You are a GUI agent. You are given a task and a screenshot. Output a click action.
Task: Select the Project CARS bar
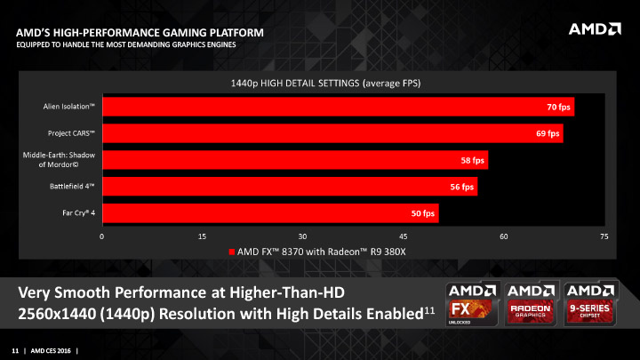tap(332, 133)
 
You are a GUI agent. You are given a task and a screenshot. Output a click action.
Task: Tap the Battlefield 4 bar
tap(290, 187)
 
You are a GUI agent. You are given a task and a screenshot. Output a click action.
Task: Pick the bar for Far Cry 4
tap(270, 213)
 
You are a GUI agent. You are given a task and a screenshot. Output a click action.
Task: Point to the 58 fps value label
tap(472, 160)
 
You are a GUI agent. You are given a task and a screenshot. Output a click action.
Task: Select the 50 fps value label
tap(423, 213)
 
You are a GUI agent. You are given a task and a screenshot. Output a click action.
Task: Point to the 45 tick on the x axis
tap(404, 236)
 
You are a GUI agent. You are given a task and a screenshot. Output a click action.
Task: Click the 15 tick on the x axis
tap(203, 236)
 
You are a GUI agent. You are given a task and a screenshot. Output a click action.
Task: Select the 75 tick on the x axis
tap(604, 236)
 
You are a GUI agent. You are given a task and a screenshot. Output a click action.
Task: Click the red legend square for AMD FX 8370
tap(233, 252)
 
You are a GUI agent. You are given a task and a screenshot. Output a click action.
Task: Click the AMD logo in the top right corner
tap(594, 29)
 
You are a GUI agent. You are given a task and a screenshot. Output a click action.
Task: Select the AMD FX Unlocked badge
tap(470, 306)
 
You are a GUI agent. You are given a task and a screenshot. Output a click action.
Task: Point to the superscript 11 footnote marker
tap(428, 309)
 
